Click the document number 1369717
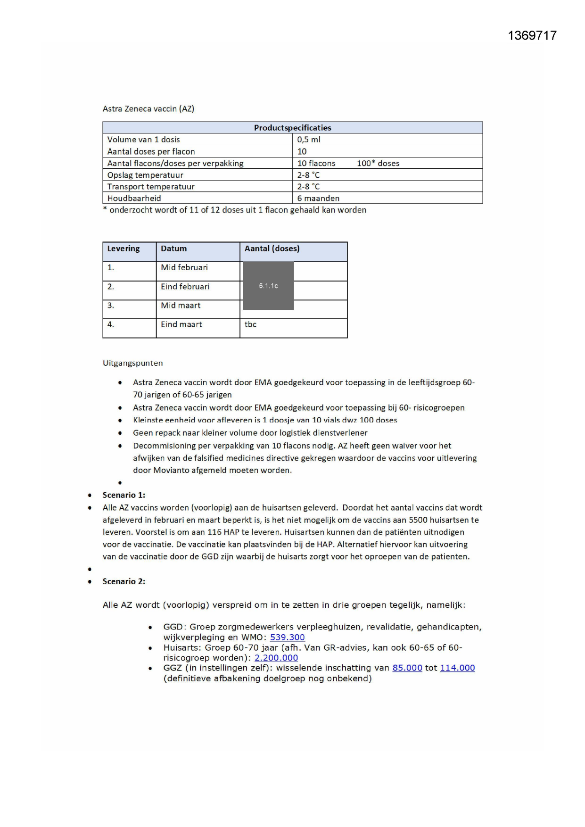tap(532, 36)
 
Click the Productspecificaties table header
tap(292, 128)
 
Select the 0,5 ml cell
tap(309, 140)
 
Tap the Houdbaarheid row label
tap(134, 198)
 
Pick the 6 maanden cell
tap(318, 198)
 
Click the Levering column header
tap(124, 249)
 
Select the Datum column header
tap(173, 249)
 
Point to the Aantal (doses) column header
tap(272, 249)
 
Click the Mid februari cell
tap(184, 268)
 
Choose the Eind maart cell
tap(181, 325)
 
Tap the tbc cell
tap(250, 325)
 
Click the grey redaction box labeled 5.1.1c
tap(268, 286)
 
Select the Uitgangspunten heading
tap(132, 364)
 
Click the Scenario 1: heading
tap(124, 495)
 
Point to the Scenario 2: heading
tap(124, 581)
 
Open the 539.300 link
tap(287, 637)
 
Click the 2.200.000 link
tap(276, 658)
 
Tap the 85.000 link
tap(407, 668)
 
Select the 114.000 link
tap(457, 668)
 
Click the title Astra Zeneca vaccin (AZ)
tap(148, 109)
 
